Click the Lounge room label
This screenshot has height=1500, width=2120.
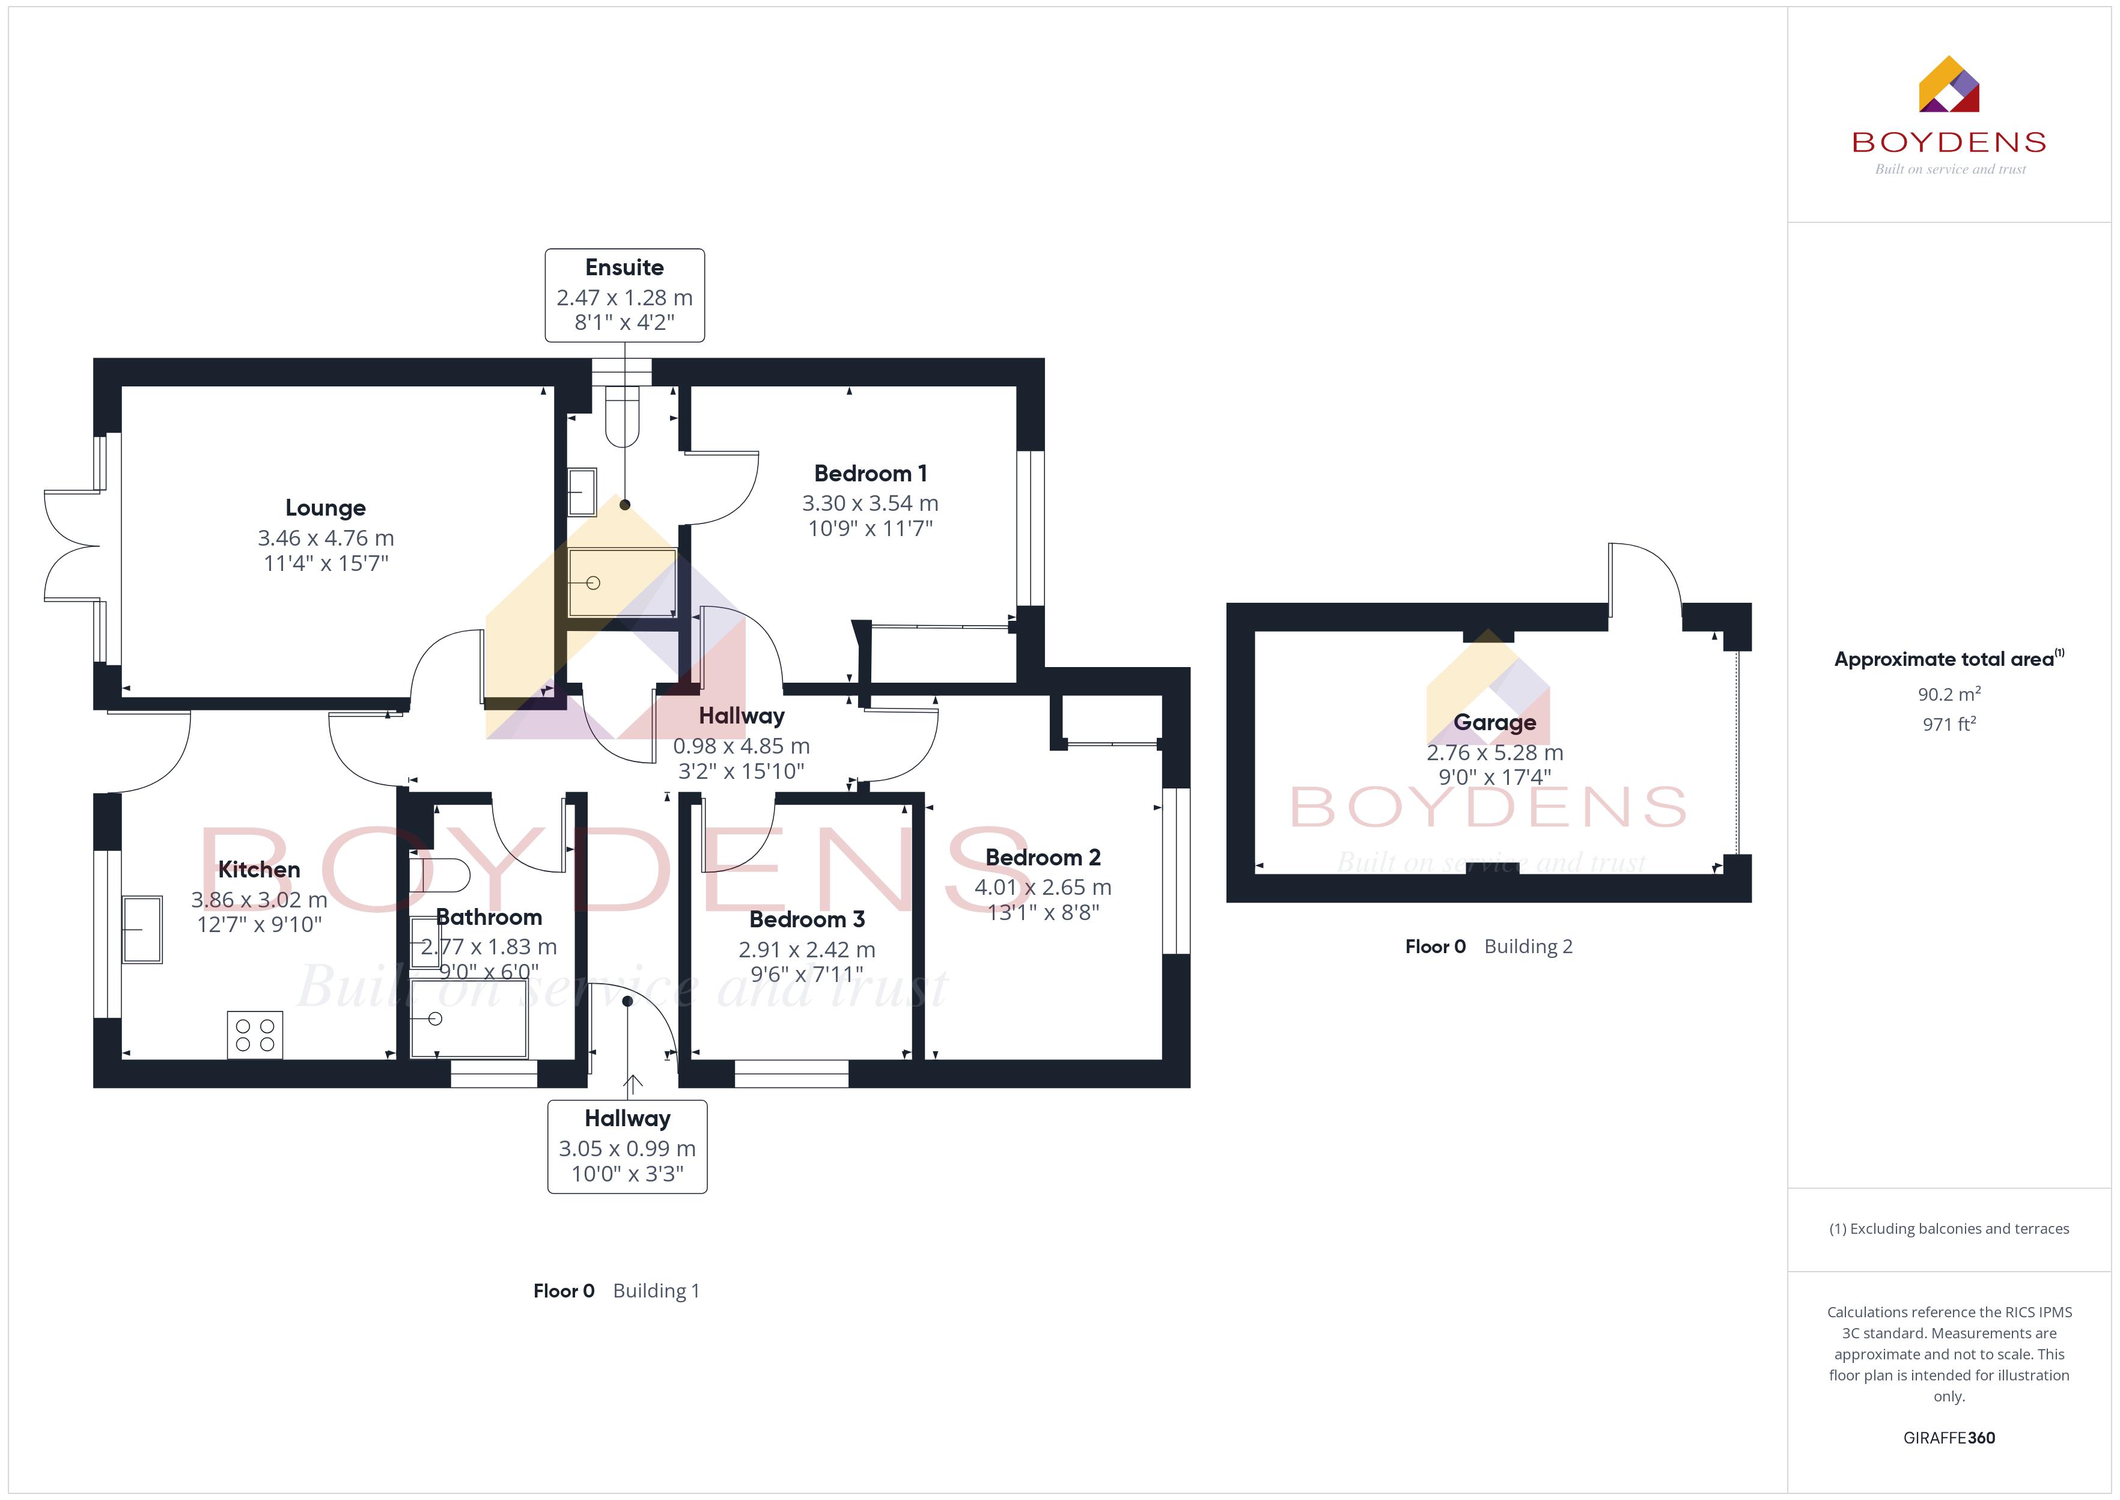[325, 508]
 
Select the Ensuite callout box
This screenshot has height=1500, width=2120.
[624, 296]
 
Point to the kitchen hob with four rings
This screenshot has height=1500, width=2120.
[255, 1034]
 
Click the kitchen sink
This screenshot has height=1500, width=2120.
[142, 929]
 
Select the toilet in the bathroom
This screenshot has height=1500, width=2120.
[439, 874]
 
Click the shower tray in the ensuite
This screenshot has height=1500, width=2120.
[623, 583]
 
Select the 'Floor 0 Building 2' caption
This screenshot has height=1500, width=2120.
[1488, 947]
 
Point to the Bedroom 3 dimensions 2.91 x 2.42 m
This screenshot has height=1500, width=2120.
[807, 950]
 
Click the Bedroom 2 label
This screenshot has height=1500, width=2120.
[1043, 857]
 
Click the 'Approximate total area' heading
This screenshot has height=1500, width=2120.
[1948, 659]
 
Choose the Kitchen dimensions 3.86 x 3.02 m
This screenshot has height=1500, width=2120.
[260, 900]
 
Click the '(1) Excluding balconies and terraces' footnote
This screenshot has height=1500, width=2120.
[1948, 1228]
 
